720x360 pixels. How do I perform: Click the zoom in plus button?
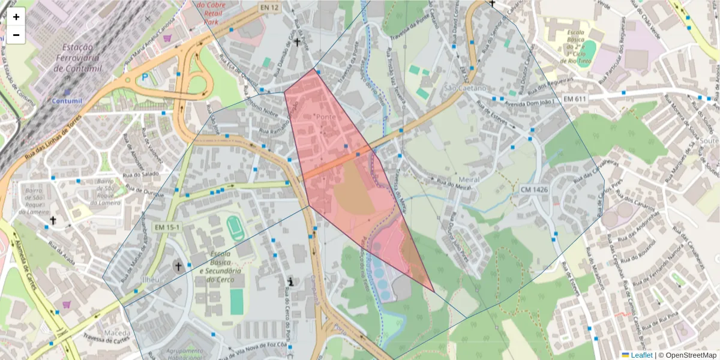[16, 17]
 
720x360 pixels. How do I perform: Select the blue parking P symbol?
[145, 77]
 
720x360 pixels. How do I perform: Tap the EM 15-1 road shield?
[167, 227]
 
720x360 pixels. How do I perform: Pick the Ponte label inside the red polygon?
[326, 116]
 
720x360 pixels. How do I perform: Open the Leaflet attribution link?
[641, 355]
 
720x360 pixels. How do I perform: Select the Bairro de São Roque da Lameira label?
[101, 191]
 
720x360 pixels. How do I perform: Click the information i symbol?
[291, 281]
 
